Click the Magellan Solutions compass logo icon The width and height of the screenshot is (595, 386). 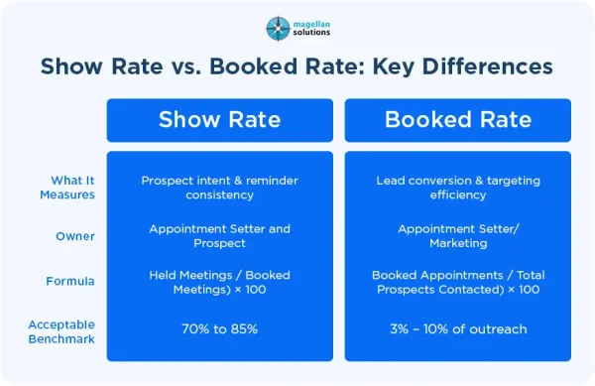point(278,29)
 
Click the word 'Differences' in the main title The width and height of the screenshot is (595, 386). point(487,66)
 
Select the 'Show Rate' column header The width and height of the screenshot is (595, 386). point(220,120)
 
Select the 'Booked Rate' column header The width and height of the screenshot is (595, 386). point(457,120)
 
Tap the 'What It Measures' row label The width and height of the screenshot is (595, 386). point(67,188)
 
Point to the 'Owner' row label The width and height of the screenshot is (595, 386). point(75,236)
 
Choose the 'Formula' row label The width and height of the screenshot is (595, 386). point(70,281)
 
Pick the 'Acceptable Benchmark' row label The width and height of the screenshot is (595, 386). point(61,331)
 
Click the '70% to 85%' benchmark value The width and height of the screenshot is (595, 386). point(220,328)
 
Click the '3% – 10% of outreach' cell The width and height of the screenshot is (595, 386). point(458,329)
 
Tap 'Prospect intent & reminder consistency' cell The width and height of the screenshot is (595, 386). point(220,188)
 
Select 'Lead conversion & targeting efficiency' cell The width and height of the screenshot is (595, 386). point(458,188)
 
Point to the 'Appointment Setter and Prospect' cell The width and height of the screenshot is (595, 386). point(220,236)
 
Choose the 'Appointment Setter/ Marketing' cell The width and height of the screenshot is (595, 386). point(458,236)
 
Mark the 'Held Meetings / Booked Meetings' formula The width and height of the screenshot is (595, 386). point(220,282)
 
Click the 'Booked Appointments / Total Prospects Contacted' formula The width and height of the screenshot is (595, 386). point(458,282)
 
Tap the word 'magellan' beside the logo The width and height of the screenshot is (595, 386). point(311,24)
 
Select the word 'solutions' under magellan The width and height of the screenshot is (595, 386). point(311,33)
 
